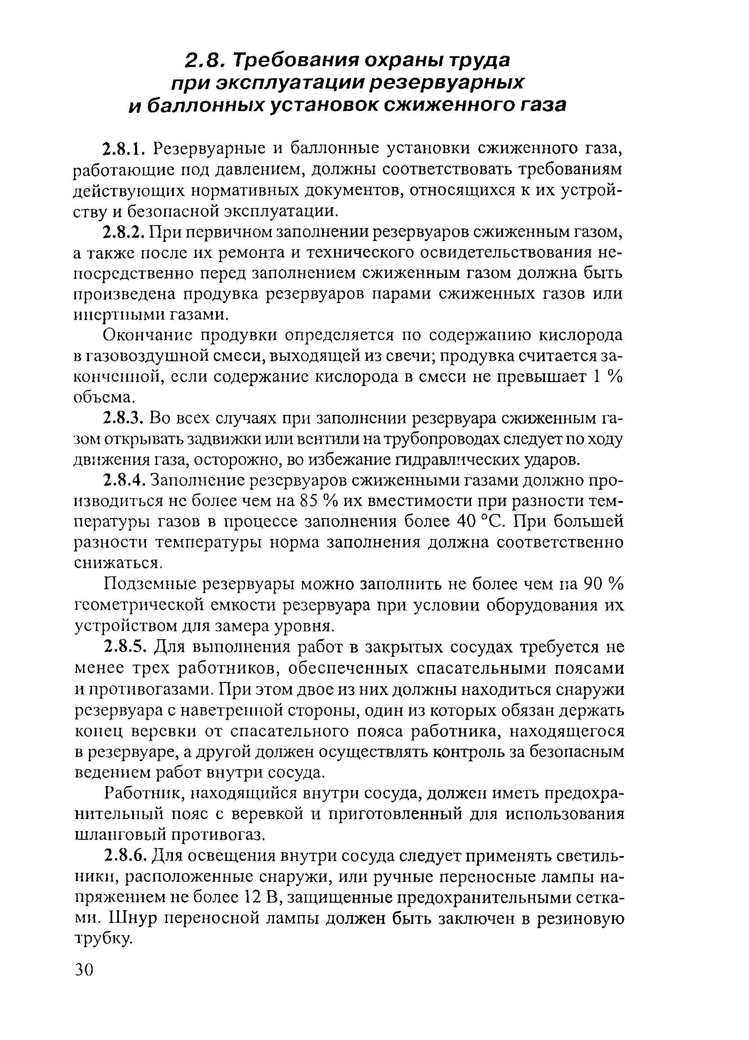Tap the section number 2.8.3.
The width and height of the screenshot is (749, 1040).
pos(125,419)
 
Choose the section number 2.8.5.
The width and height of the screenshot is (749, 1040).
pos(125,647)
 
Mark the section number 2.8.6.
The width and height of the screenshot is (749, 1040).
pos(125,855)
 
